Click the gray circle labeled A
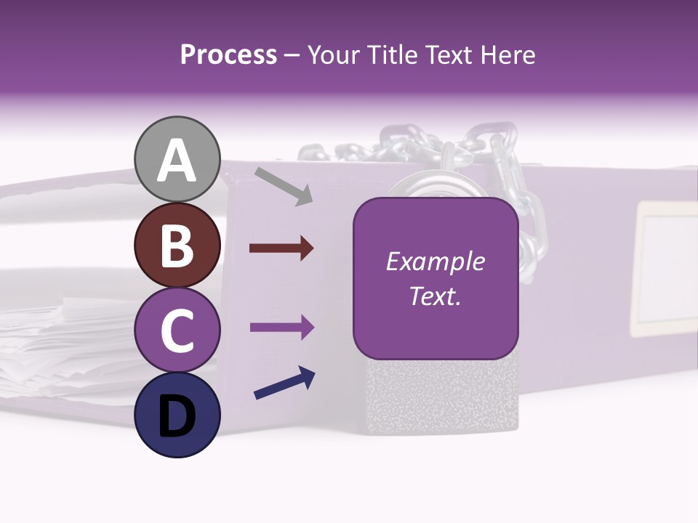(177, 159)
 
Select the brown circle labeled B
(177, 245)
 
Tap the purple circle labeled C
(177, 330)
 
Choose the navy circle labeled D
(177, 415)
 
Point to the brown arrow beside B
(281, 248)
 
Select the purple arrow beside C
(281, 328)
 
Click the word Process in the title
(228, 54)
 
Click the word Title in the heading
(393, 54)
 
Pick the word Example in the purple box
(436, 261)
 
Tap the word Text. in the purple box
(436, 296)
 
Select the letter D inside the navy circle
(177, 417)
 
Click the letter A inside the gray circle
(177, 161)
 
